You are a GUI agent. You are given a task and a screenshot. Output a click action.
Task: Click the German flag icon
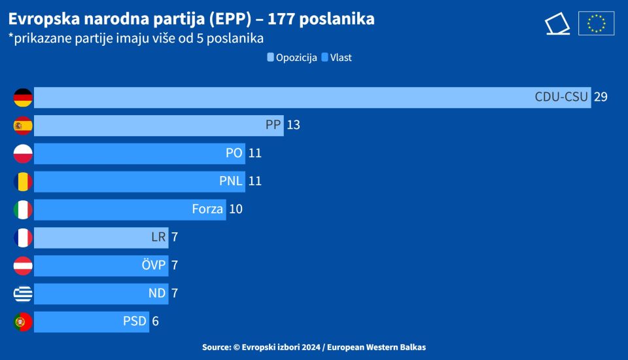[23, 98]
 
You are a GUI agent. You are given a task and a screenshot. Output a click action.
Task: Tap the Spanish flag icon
[23, 126]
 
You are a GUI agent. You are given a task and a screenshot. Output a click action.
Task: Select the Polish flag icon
[23, 154]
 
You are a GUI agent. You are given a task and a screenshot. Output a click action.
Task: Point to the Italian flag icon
[23, 209]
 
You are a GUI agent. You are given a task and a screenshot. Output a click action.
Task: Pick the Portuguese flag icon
[23, 321]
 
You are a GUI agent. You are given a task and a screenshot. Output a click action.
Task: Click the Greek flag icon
[23, 293]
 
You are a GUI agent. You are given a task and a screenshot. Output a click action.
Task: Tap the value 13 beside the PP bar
[293, 125]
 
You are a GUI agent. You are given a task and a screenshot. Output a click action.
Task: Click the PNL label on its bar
[231, 181]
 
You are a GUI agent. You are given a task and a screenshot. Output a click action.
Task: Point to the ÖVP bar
[101, 265]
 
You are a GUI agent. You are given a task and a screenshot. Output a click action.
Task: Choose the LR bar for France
[101, 238]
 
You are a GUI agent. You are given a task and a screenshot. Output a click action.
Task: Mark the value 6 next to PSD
[155, 321]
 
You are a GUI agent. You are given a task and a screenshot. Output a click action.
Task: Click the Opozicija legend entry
[292, 58]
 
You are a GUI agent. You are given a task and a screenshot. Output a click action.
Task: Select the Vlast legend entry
[337, 58]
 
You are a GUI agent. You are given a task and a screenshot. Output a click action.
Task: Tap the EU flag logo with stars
[596, 24]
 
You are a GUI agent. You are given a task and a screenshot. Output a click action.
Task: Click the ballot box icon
[557, 24]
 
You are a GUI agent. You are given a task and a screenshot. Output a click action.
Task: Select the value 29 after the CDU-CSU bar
[601, 98]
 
